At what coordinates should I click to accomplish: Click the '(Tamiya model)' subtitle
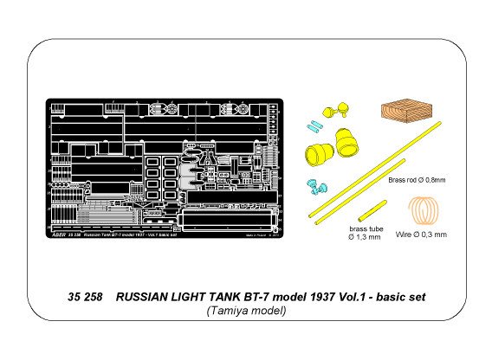click(245, 312)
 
